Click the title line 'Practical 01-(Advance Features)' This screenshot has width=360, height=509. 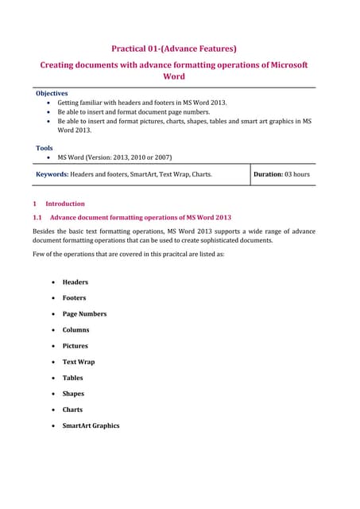point(174,48)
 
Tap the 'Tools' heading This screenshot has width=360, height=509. point(45,147)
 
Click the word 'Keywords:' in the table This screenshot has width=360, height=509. point(53,174)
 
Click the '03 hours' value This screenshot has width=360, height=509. point(297,174)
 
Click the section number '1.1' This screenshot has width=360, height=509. point(36,217)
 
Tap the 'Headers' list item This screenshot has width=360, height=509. point(75,282)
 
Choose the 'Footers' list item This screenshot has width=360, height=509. point(75,297)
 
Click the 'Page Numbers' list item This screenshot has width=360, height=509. point(84,313)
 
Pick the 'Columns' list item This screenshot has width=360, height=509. point(76,329)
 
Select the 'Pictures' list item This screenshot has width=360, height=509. point(75,346)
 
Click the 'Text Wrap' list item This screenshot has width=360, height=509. point(79,362)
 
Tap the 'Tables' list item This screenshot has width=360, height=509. point(73,378)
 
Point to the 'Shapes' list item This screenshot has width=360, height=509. point(73,394)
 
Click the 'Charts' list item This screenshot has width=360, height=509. point(72,410)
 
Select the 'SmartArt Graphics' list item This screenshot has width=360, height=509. point(91,425)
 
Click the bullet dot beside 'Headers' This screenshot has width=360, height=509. point(52,282)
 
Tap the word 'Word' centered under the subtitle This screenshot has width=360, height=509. point(173,76)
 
